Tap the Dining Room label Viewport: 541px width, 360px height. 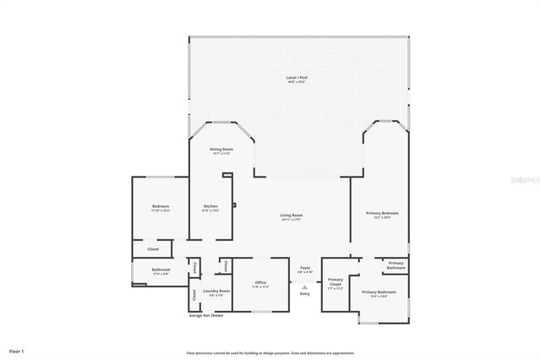pyautogui.click(x=221, y=150)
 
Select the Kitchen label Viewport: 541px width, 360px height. pyautogui.click(x=210, y=206)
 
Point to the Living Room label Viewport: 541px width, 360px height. pyautogui.click(x=292, y=215)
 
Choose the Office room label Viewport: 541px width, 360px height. pyautogui.click(x=260, y=283)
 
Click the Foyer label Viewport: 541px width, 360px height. pyautogui.click(x=304, y=269)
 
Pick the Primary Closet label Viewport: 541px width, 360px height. pyautogui.click(x=336, y=281)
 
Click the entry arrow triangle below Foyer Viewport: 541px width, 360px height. pyautogui.click(x=304, y=286)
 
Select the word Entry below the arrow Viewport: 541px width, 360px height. pyautogui.click(x=304, y=294)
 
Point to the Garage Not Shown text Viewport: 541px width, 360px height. pyautogui.click(x=206, y=315)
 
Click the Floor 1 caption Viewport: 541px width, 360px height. pyautogui.click(x=17, y=350)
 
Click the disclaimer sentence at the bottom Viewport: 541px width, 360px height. pyautogui.click(x=270, y=353)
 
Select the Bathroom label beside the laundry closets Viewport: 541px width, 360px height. pyautogui.click(x=161, y=270)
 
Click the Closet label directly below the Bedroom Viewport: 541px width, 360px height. pyautogui.click(x=153, y=249)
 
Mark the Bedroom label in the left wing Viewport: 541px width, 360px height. pyautogui.click(x=161, y=206)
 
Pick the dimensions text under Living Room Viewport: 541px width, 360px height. pyautogui.click(x=292, y=220)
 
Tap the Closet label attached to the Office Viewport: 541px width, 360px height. pyautogui.click(x=226, y=266)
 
